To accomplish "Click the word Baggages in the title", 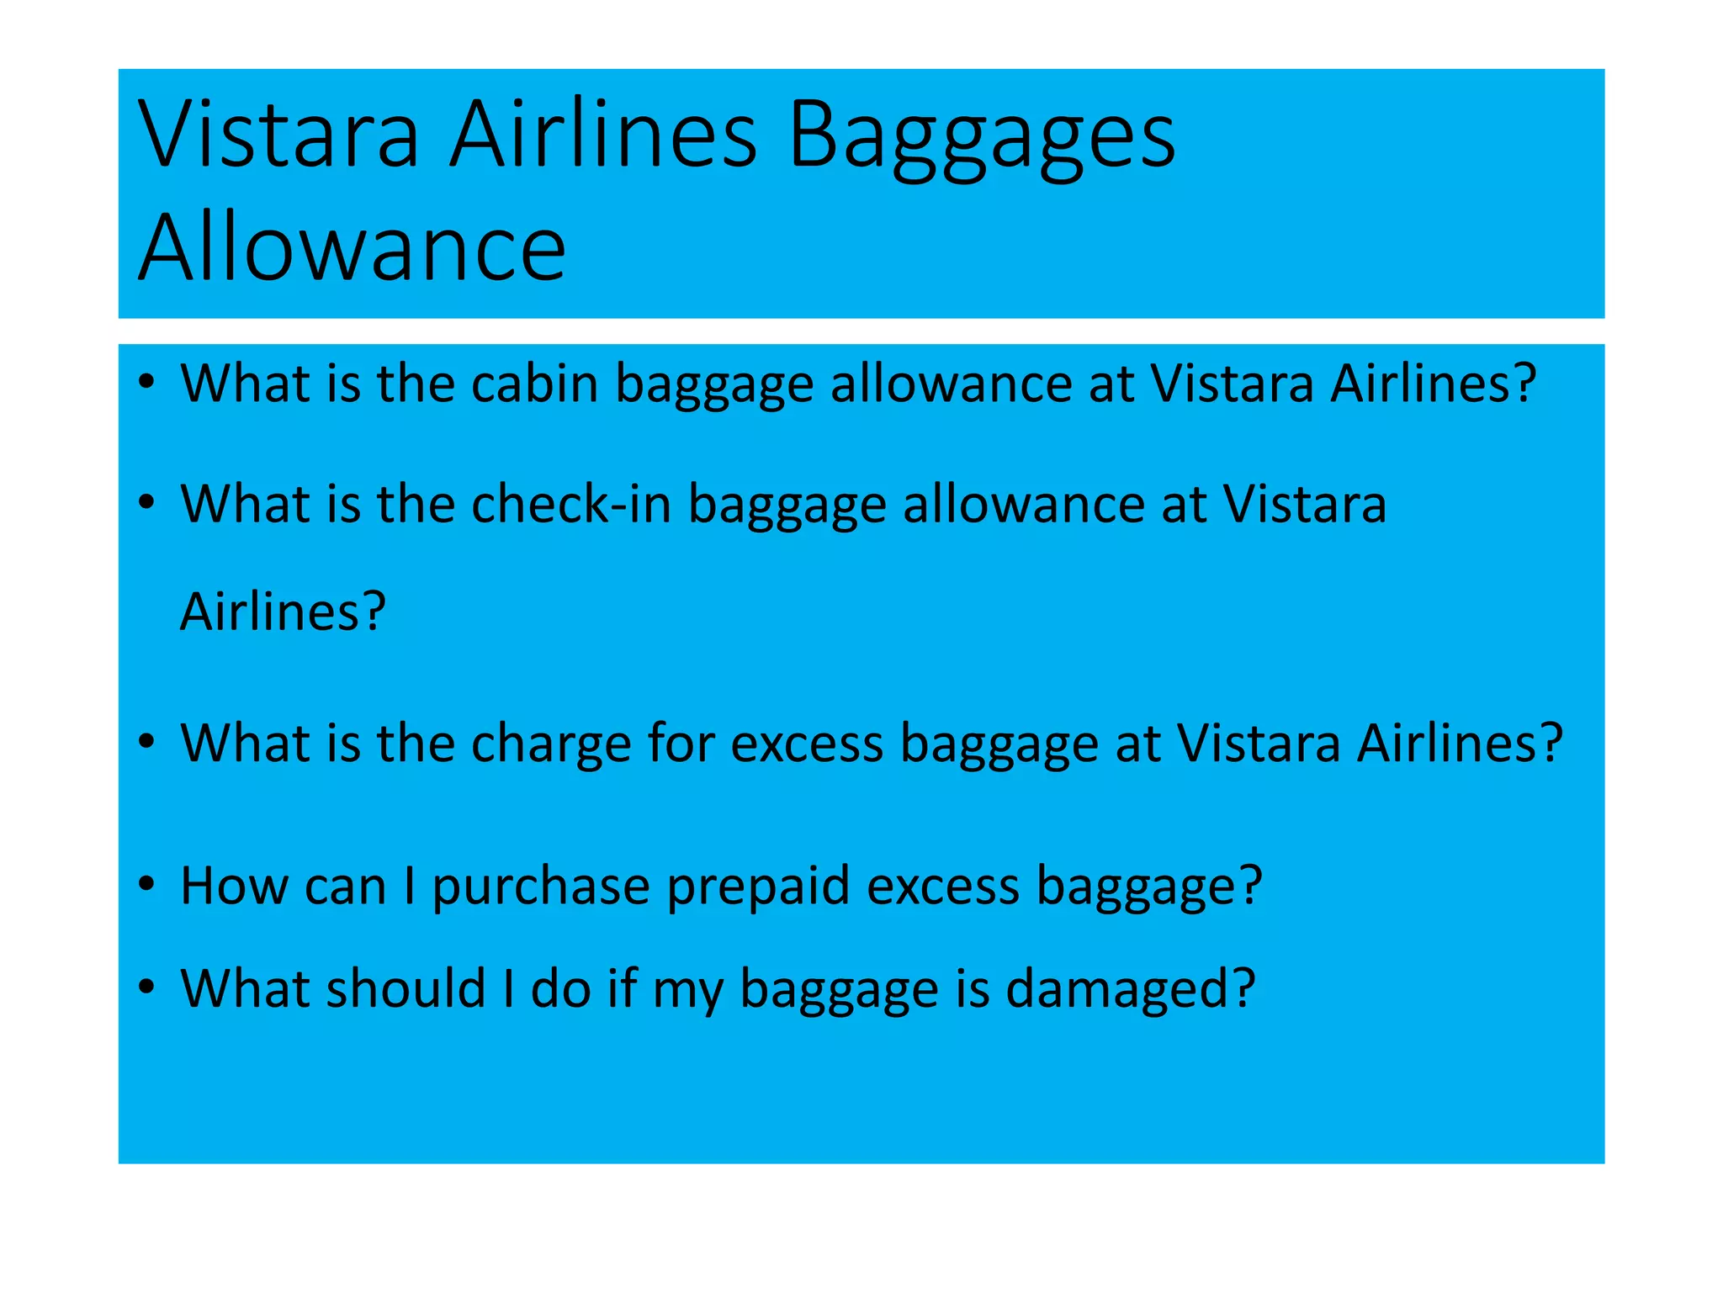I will click(981, 136).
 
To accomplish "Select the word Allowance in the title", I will click(352, 249).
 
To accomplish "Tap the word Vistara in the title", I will click(278, 136).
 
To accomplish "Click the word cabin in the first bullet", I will click(533, 384).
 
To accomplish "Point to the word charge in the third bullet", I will click(550, 744).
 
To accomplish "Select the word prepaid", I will click(758, 887).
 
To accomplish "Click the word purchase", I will click(541, 887).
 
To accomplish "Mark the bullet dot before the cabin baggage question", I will click(147, 384).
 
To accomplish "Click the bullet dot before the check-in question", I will click(147, 504).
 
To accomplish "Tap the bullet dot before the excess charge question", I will click(147, 744).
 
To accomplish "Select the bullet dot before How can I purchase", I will click(147, 887).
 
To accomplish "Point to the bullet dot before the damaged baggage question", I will click(147, 988).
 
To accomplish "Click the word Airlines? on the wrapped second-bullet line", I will click(283, 612).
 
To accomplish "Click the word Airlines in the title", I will click(603, 136).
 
